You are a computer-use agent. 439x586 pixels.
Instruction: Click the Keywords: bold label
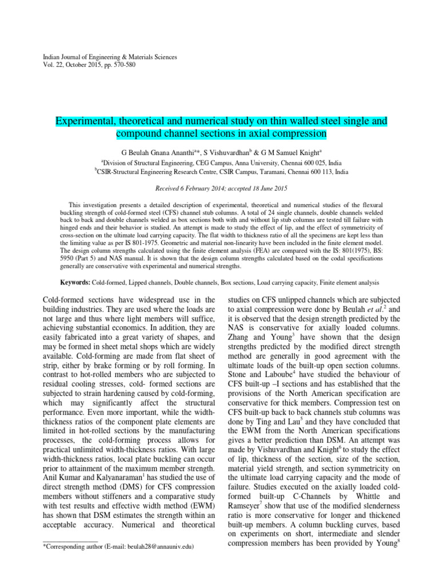pyautogui.click(x=75, y=283)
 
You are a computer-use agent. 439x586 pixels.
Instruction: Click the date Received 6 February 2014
pyautogui.click(x=191, y=188)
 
